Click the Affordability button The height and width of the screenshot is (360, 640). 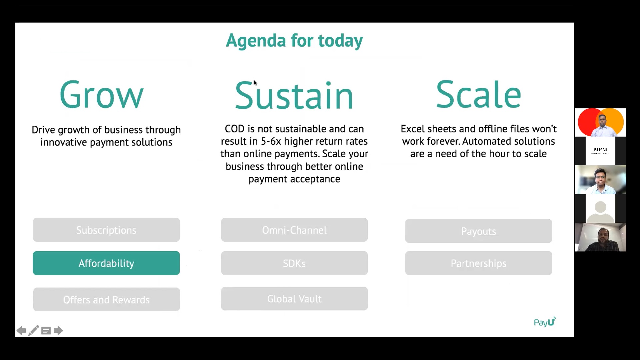pyautogui.click(x=106, y=263)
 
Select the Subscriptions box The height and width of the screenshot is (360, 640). pyautogui.click(x=106, y=230)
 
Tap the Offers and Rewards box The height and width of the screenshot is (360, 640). pyautogui.click(x=106, y=299)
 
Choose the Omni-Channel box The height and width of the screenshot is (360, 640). pyautogui.click(x=294, y=230)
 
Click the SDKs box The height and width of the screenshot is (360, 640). pyautogui.click(x=294, y=263)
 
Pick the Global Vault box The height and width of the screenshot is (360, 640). pyautogui.click(x=294, y=299)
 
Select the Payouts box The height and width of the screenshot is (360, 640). pyautogui.click(x=479, y=231)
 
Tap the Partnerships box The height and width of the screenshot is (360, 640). pyautogui.click(x=479, y=263)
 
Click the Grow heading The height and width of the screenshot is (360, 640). pyautogui.click(x=102, y=95)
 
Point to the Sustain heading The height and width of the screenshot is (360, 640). pyautogui.click(x=294, y=95)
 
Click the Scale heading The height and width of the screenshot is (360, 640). pyautogui.click(x=478, y=94)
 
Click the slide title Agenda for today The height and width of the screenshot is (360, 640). pyautogui.click(x=294, y=41)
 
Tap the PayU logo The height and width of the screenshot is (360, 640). pyautogui.click(x=545, y=322)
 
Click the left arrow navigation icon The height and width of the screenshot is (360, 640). pyautogui.click(x=21, y=331)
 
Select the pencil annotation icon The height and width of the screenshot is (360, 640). pyautogui.click(x=34, y=330)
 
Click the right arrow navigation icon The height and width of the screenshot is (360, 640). pyautogui.click(x=58, y=331)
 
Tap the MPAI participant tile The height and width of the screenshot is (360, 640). pyautogui.click(x=601, y=151)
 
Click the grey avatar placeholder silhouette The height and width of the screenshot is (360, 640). pyautogui.click(x=601, y=211)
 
